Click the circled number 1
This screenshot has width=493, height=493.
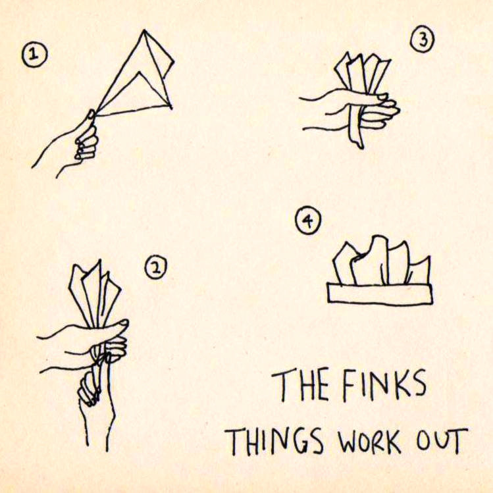[x=34, y=55]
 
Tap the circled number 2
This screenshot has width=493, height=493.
[x=155, y=268]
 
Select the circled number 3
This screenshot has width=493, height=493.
[x=423, y=41]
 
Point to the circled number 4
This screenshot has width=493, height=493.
[x=308, y=221]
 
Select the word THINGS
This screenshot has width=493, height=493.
[x=274, y=440]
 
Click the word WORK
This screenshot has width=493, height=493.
[x=369, y=440]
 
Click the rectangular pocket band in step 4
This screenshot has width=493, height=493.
[x=380, y=294]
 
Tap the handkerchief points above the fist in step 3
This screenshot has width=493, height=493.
[x=361, y=73]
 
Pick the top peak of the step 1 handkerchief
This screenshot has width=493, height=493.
[x=144, y=30]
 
